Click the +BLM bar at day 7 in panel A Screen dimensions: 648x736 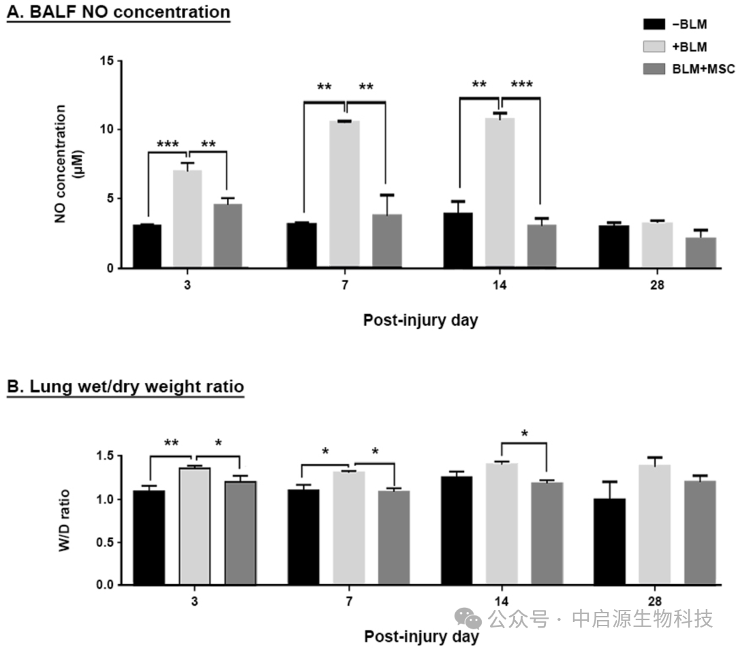tap(344, 194)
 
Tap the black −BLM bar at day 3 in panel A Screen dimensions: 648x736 tap(147, 246)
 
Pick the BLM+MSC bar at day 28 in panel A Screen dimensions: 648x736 tap(701, 253)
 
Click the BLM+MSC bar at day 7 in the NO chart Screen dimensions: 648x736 tap(386, 241)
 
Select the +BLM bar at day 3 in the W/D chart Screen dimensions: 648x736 tap(194, 526)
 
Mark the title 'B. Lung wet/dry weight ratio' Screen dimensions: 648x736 tap(125, 387)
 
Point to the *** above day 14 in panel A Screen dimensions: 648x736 tap(521, 85)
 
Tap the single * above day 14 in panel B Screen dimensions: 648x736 tap(524, 433)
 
